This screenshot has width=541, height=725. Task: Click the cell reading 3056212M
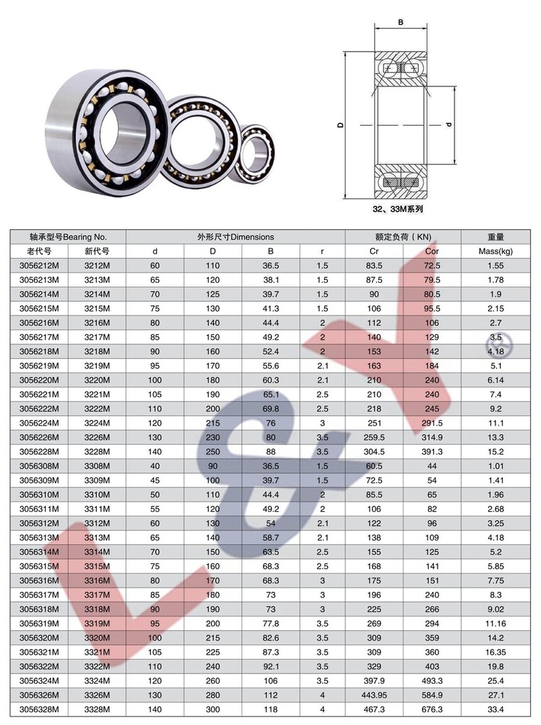(39, 266)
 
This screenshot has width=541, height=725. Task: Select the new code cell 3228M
(97, 452)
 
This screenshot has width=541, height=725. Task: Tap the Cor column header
(432, 251)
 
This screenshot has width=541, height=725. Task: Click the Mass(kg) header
(496, 251)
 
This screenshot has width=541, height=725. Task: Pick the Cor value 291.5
(432, 423)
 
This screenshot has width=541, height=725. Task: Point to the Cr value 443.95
(374, 695)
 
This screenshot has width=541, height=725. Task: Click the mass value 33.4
(496, 709)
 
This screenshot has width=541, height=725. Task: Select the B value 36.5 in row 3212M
(270, 266)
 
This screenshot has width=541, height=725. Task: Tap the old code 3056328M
(39, 709)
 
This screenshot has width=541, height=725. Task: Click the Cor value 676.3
(432, 709)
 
